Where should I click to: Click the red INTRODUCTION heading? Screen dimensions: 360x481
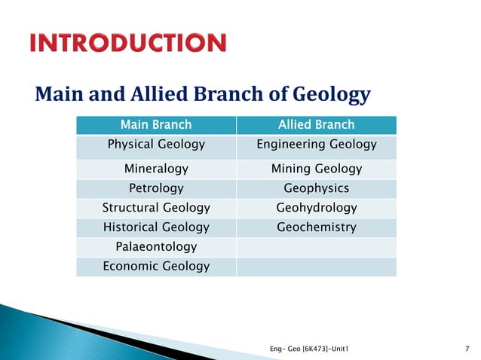point(127,43)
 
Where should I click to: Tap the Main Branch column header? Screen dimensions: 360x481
point(156,124)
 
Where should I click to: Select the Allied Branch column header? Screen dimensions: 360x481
point(316,124)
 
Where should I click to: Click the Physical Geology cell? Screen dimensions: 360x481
point(156,144)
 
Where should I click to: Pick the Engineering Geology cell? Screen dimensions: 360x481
point(316,144)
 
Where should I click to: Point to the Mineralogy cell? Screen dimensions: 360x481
point(156,169)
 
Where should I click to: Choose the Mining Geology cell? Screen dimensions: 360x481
point(316,169)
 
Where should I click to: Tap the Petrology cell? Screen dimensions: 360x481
point(156,188)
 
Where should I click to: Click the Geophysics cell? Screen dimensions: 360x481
point(316,188)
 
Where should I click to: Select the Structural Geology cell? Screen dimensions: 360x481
point(156,207)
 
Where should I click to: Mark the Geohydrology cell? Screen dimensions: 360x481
point(316,207)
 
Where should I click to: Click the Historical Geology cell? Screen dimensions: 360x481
point(156,227)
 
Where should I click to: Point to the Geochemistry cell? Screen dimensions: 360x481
point(316,227)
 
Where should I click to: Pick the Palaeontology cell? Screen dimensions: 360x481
point(156,246)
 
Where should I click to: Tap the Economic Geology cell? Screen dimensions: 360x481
point(156,266)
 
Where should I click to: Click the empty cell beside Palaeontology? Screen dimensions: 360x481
point(316,246)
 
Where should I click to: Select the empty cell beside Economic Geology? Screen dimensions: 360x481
point(316,266)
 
